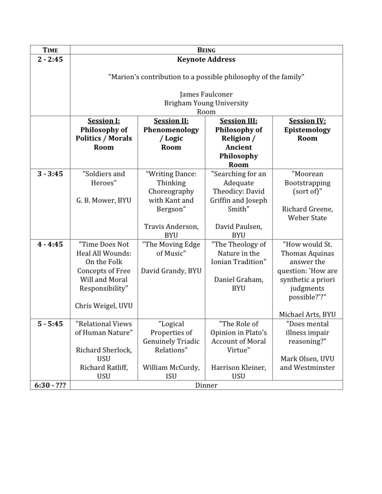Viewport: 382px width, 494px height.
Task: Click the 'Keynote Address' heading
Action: click(x=206, y=59)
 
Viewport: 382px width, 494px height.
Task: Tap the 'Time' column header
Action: click(x=50, y=50)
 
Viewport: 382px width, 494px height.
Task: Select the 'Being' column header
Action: click(x=206, y=50)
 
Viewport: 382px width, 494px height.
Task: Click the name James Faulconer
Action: click(x=206, y=95)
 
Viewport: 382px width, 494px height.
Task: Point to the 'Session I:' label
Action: click(x=104, y=121)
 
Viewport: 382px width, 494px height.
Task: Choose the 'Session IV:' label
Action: click(x=307, y=121)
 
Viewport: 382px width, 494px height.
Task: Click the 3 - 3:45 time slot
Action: click(x=50, y=174)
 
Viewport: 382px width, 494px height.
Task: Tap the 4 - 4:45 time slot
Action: click(x=50, y=244)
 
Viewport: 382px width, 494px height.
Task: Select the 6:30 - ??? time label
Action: click(x=50, y=385)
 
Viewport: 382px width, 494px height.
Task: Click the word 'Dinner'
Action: click(x=206, y=385)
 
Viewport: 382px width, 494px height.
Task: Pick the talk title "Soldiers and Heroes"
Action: click(x=104, y=178)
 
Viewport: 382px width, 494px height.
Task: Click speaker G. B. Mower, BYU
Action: click(x=104, y=200)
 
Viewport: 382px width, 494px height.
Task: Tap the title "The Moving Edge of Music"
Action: click(x=171, y=249)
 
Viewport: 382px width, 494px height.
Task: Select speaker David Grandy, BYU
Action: click(x=171, y=271)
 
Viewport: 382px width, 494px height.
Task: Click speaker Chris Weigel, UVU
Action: click(x=104, y=306)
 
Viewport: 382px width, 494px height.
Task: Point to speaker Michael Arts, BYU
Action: click(x=307, y=314)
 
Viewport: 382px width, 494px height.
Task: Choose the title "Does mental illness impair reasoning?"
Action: click(x=307, y=332)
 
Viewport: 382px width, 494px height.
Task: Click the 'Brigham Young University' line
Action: click(x=206, y=103)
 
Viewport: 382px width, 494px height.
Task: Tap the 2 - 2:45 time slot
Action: click(x=50, y=59)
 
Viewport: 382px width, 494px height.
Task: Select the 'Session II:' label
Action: click(x=171, y=121)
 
